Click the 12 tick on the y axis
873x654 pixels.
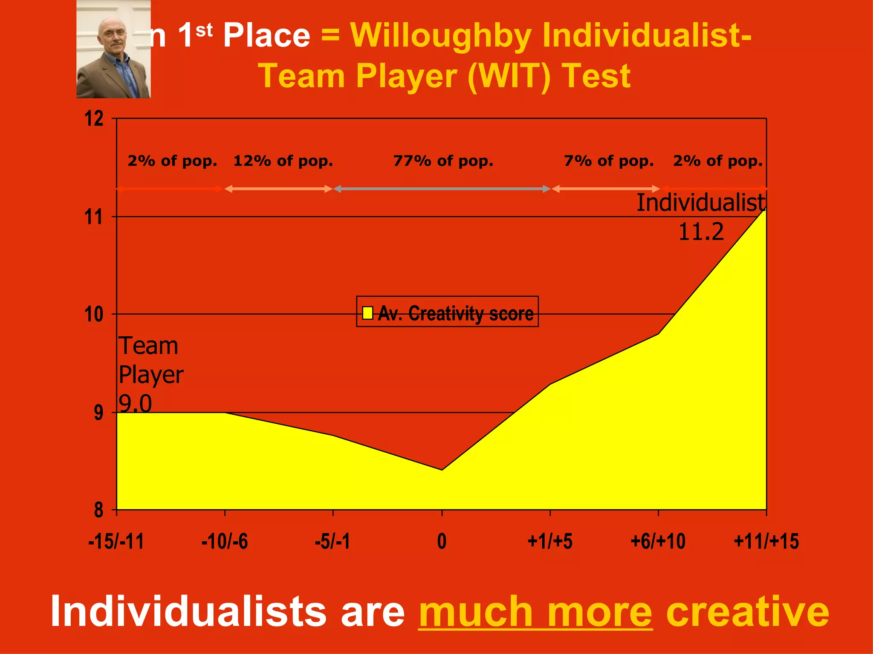click(94, 118)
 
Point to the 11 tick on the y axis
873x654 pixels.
click(94, 217)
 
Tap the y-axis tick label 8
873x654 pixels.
click(98, 509)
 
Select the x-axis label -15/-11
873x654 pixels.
click(116, 541)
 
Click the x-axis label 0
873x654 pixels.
click(442, 541)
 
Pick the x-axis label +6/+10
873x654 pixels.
click(658, 541)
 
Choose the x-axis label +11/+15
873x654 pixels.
click(766, 541)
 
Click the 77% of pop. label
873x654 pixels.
click(443, 161)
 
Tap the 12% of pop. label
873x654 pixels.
click(283, 161)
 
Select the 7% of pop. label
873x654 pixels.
click(609, 161)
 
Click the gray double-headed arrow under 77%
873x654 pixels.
click(442, 189)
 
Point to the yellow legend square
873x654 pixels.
click(367, 313)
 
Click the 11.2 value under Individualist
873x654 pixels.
click(701, 232)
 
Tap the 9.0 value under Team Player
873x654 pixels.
click(135, 403)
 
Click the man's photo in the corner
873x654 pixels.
click(113, 49)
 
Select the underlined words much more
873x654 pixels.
click(535, 612)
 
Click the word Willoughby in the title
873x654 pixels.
click(441, 35)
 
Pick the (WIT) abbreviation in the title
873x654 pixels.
click(509, 76)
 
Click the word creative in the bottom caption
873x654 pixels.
click(747, 612)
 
